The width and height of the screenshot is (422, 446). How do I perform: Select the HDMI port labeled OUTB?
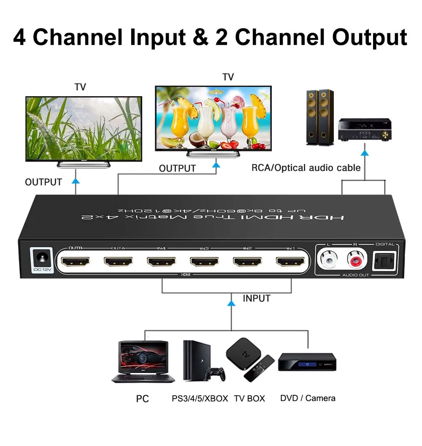75,262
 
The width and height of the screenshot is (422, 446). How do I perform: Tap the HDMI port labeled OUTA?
118,262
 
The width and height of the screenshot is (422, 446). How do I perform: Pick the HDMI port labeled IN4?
161,262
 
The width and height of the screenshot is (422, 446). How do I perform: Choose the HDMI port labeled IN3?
204,262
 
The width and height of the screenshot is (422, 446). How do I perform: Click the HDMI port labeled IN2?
247,262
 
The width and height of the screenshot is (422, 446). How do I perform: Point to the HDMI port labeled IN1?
290,262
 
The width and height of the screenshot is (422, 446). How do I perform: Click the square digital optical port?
384,261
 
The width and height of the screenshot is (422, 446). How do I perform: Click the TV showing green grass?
84,129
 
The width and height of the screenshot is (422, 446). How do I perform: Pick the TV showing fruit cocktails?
213,118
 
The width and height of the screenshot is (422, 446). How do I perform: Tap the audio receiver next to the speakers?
365,130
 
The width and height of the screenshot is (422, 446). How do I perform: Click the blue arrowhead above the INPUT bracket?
231,303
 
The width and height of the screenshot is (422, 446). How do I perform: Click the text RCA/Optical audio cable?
306,168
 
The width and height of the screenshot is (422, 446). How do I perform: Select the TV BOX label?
249,398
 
